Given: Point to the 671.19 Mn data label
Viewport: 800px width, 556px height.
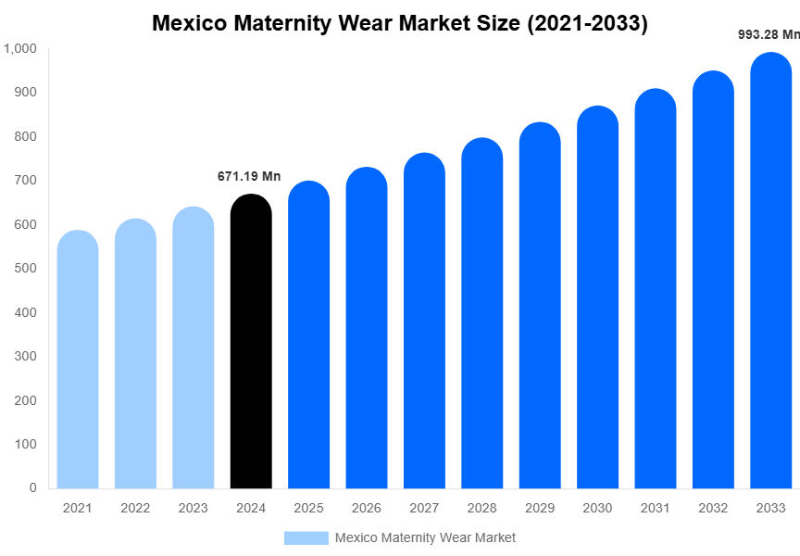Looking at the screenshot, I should (249, 176).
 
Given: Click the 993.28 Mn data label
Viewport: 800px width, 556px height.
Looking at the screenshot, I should (768, 34).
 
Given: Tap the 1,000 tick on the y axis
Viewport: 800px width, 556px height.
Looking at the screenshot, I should (19, 48).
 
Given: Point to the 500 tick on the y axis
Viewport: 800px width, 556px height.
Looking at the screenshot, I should (25, 268).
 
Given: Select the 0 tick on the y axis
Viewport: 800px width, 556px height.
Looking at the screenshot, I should (32, 487).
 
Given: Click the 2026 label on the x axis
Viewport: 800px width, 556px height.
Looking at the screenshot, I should (367, 508).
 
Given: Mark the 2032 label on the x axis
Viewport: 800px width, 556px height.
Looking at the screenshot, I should (713, 508).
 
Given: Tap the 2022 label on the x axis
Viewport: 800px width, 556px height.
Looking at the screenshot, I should (135, 508).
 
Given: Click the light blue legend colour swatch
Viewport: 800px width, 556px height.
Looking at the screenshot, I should (306, 537).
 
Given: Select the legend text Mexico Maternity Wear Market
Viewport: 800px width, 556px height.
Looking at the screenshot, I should (425, 537).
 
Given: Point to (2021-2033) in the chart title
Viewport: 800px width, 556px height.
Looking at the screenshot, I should (587, 23).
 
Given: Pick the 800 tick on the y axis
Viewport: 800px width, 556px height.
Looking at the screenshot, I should (25, 136).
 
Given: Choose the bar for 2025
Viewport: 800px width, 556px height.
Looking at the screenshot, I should (308, 335).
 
